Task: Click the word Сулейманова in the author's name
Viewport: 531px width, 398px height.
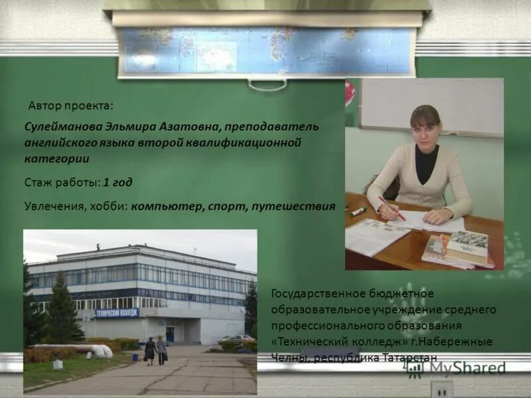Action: click(x=55, y=126)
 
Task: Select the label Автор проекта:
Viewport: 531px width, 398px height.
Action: click(x=71, y=105)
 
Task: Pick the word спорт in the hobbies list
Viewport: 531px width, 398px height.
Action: click(x=227, y=206)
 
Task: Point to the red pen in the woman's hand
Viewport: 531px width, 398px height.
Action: click(x=392, y=207)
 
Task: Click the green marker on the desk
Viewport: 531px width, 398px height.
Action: click(x=358, y=212)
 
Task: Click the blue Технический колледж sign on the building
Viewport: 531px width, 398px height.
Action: click(x=117, y=312)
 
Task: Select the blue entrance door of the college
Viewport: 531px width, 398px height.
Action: click(x=171, y=333)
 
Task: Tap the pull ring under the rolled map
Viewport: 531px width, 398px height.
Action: click(x=267, y=84)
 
